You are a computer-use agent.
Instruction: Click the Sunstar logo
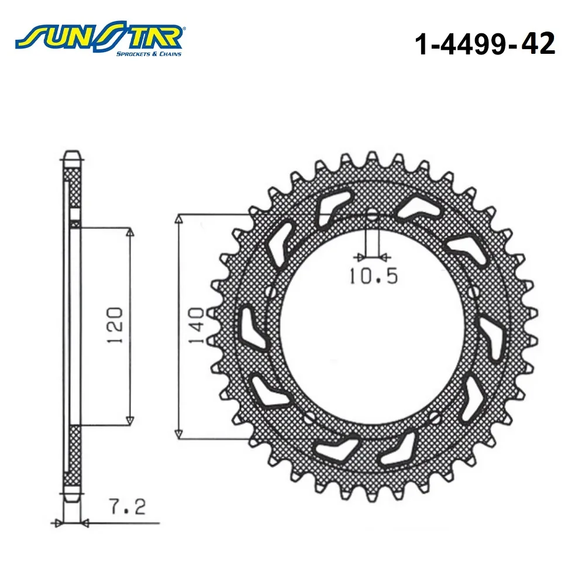[x=98, y=39]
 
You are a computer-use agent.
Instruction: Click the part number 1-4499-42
[x=485, y=44]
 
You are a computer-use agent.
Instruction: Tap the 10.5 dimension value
[x=373, y=276]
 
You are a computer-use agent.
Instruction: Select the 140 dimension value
[x=197, y=325]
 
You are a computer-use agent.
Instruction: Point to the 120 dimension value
[x=115, y=325]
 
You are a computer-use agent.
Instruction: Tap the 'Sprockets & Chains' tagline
[x=149, y=54]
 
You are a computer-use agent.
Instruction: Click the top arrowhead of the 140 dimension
[x=179, y=219]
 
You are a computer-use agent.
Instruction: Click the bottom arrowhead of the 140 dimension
[x=178, y=434]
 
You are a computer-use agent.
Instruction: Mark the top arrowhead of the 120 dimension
[x=130, y=232]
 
